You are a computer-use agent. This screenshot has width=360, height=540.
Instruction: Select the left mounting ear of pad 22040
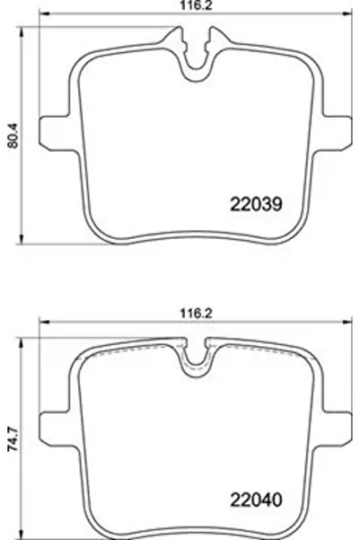pyautogui.click(x=56, y=421)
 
